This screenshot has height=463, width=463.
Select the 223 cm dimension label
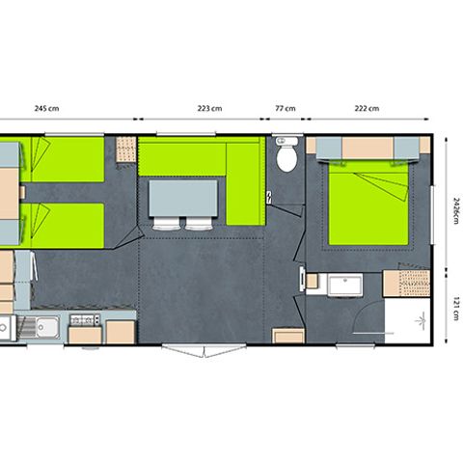point(209,108)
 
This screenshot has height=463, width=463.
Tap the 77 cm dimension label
point(286,108)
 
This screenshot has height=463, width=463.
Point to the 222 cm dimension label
point(368,108)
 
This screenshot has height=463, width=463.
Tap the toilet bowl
point(286,157)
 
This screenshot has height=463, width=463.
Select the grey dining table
point(182,198)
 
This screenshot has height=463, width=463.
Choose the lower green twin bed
point(66,224)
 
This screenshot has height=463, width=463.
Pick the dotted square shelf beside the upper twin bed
point(126,149)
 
